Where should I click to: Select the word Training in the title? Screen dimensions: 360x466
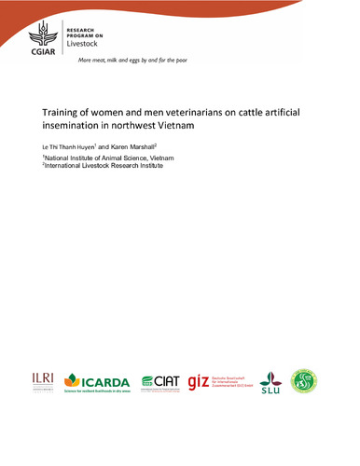tap(64, 110)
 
